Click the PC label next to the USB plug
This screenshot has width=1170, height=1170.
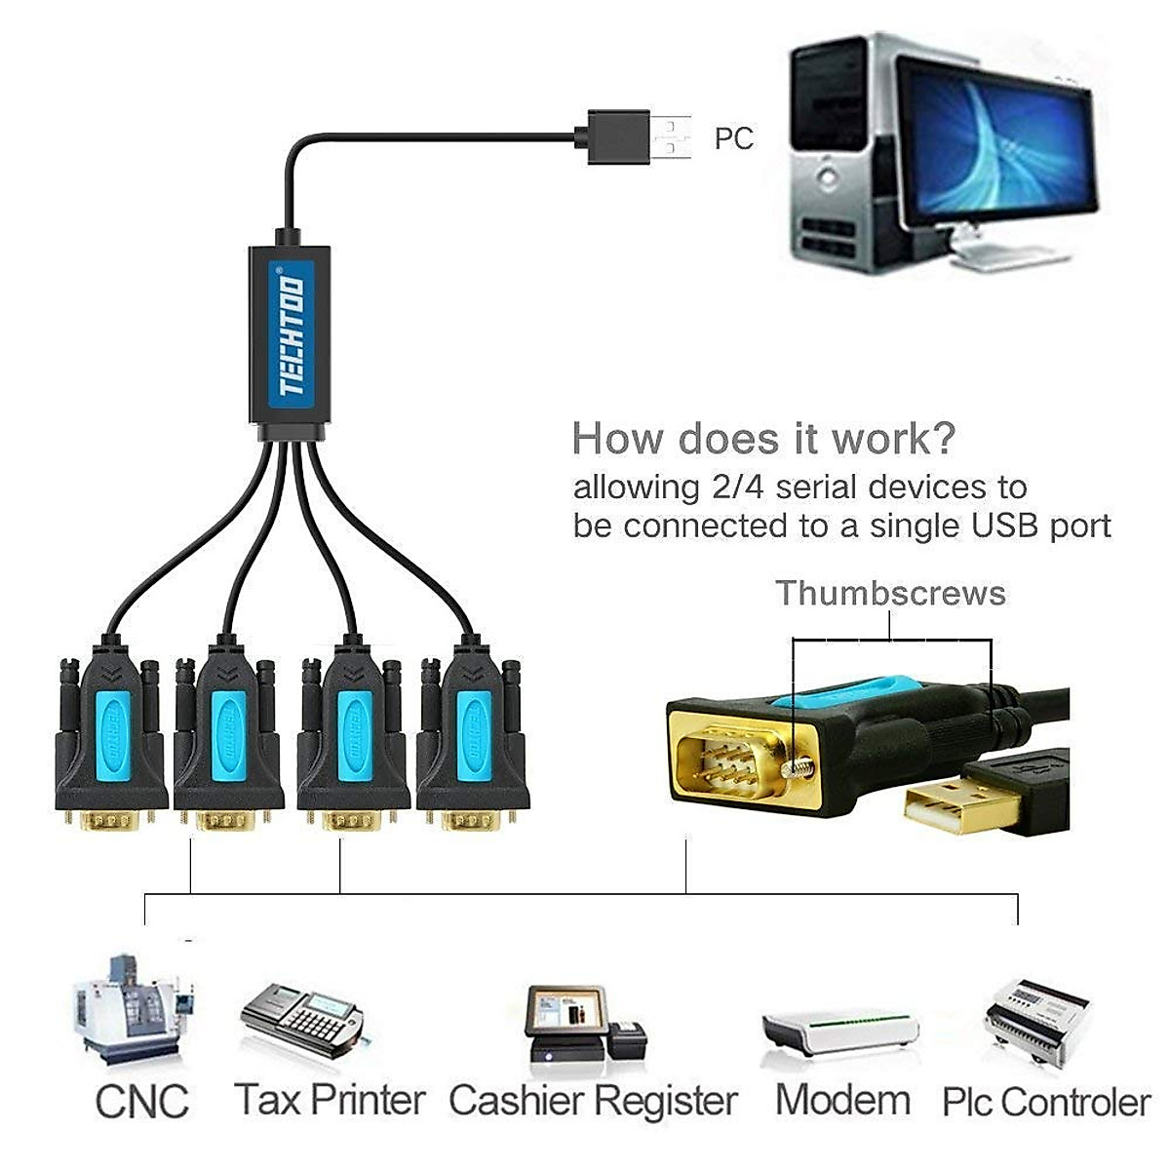(x=733, y=138)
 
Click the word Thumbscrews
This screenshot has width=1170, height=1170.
(x=890, y=593)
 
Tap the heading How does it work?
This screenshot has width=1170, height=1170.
(x=763, y=439)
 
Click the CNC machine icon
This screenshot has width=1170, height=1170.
(x=132, y=1009)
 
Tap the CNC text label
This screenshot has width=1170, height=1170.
(x=142, y=1102)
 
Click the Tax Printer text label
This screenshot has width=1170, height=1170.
(x=330, y=1100)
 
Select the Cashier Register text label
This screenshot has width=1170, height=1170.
(x=593, y=1101)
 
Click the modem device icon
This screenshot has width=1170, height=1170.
(x=839, y=1033)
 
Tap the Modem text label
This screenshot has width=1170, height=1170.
(x=842, y=1100)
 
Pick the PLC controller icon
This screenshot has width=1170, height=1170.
(x=1035, y=1024)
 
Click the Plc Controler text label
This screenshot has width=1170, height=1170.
(x=1045, y=1103)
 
